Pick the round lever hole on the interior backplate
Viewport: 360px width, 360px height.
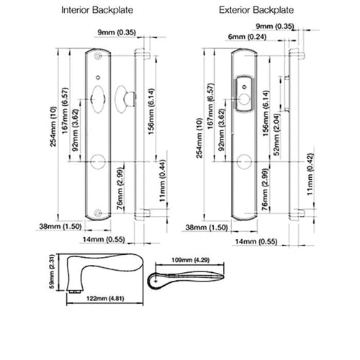pos(99,161)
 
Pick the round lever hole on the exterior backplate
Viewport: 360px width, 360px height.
pos(245,161)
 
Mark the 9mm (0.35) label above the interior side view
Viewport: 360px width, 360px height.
pos(117,32)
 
